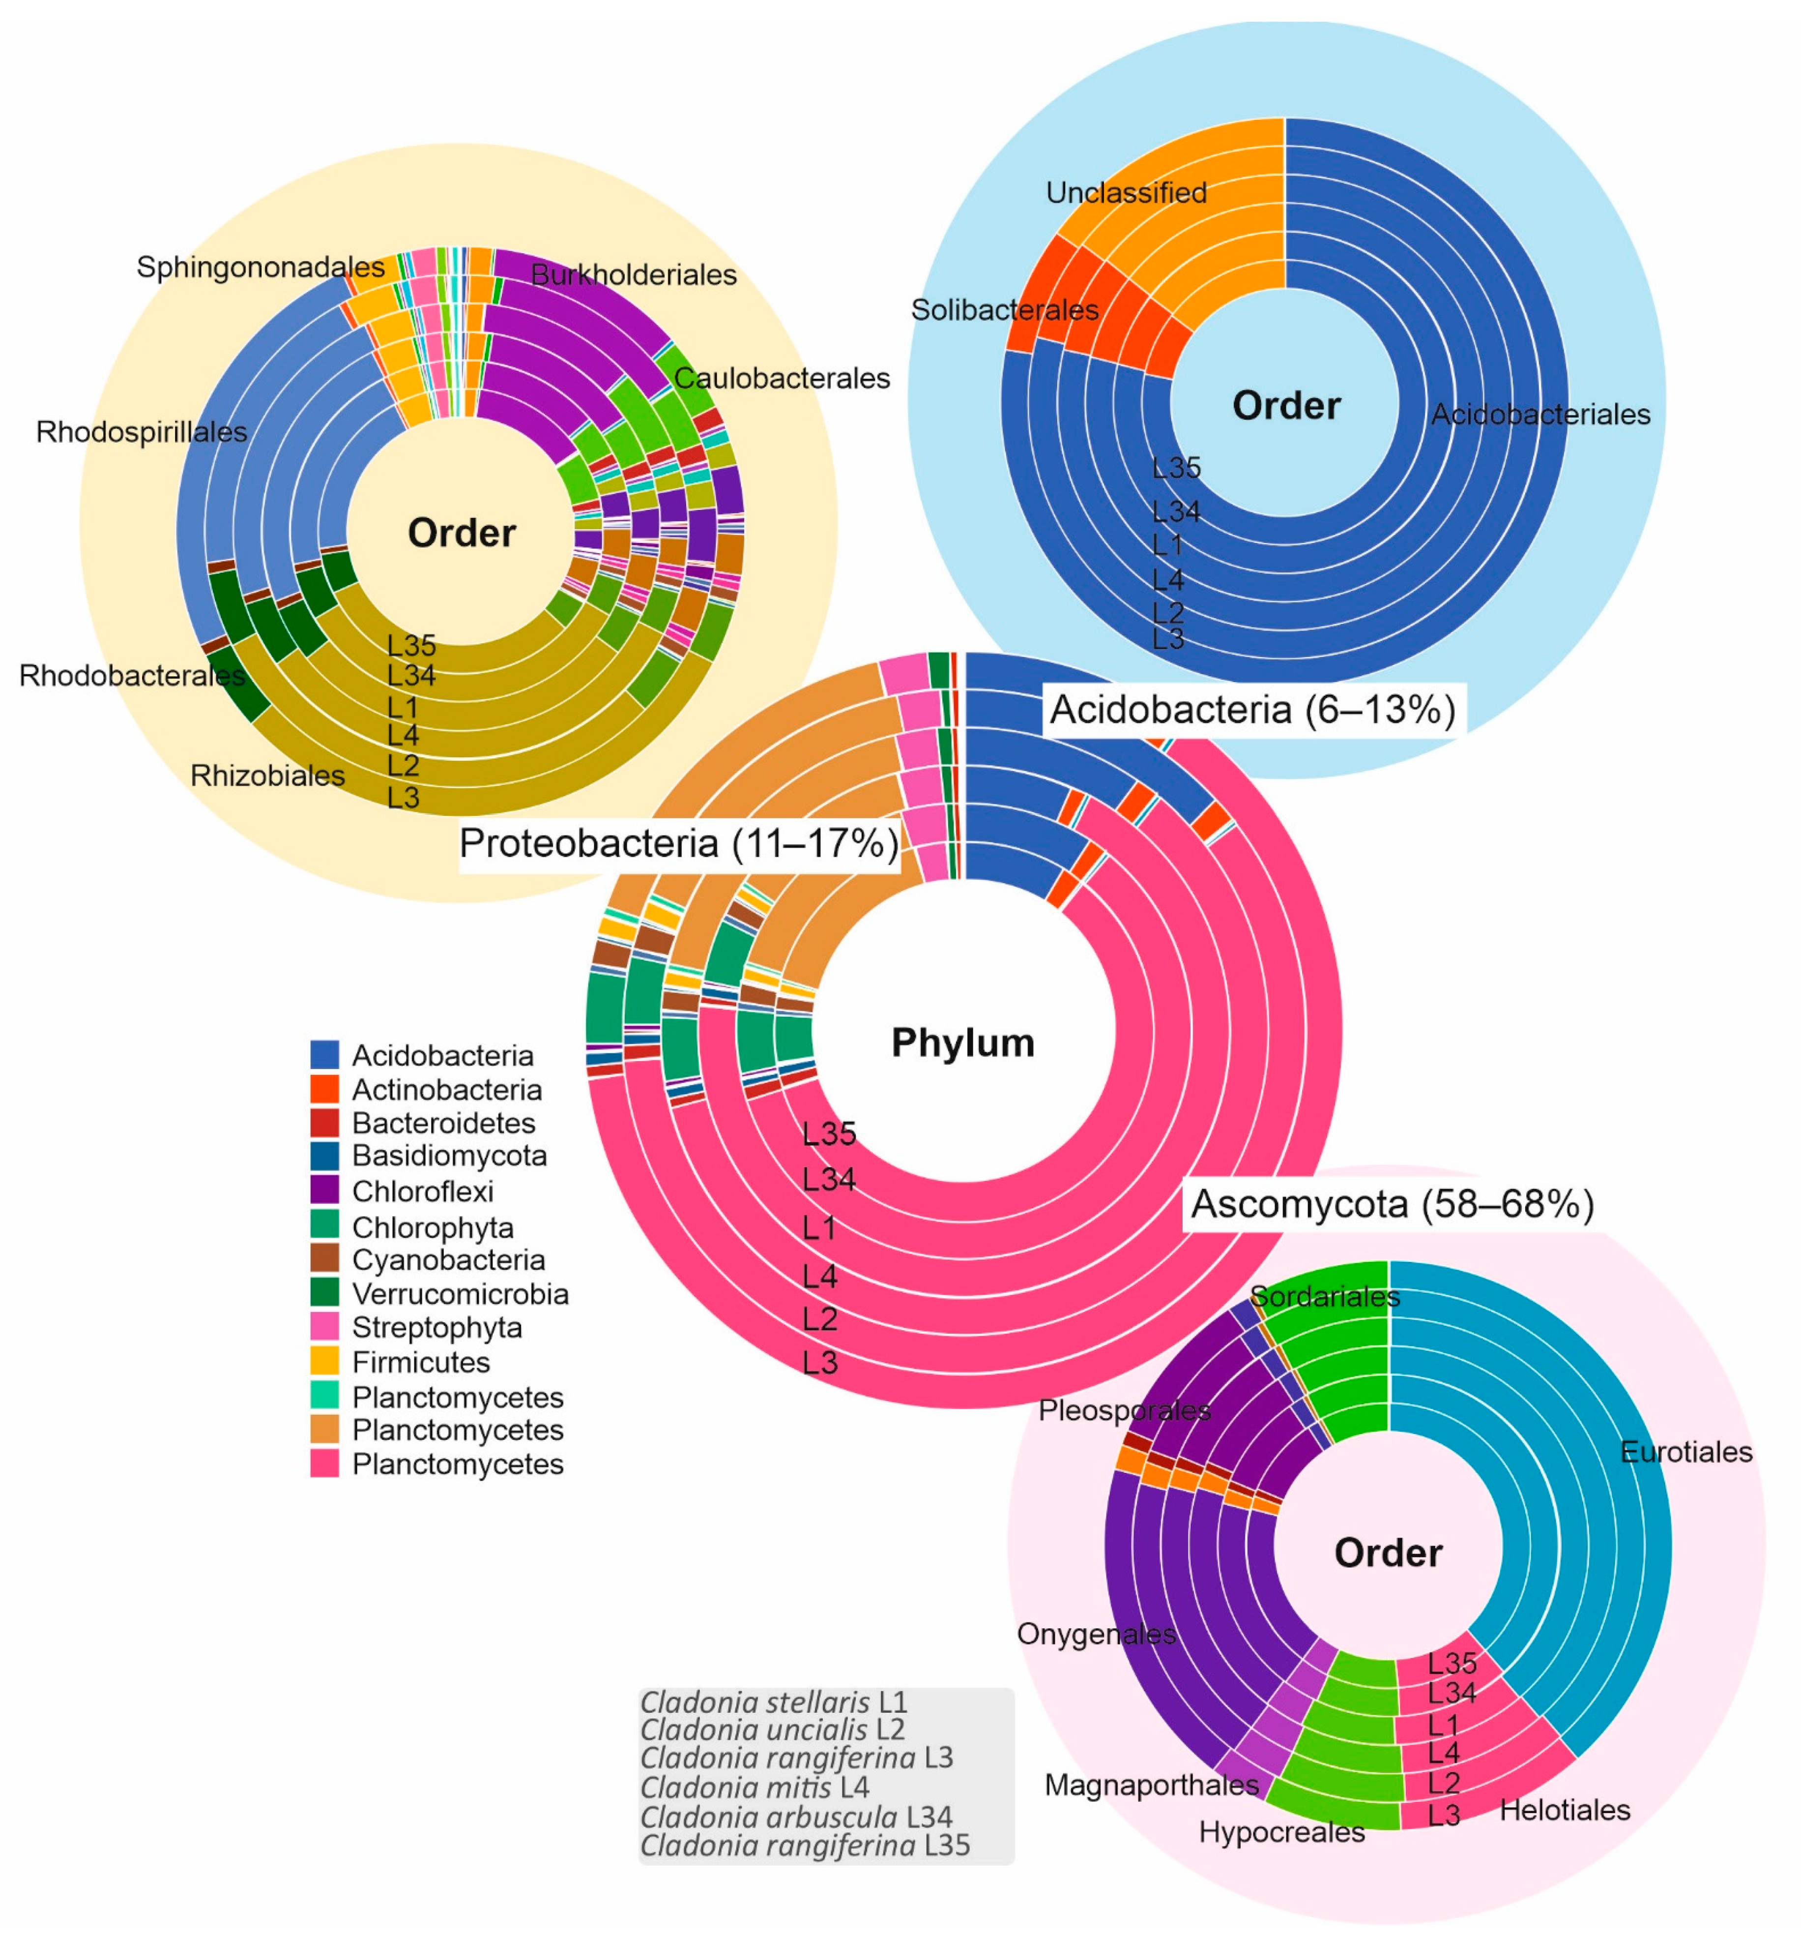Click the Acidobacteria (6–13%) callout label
(x=1252, y=710)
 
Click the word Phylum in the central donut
(x=963, y=1043)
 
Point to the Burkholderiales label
(x=634, y=275)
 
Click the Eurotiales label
(x=1686, y=1453)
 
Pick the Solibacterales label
(x=1005, y=310)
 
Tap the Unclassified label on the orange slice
(x=1127, y=193)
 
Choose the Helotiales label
(x=1564, y=1810)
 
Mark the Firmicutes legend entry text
(x=421, y=1362)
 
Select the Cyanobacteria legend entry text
(x=448, y=1259)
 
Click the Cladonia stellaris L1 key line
(x=774, y=1702)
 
